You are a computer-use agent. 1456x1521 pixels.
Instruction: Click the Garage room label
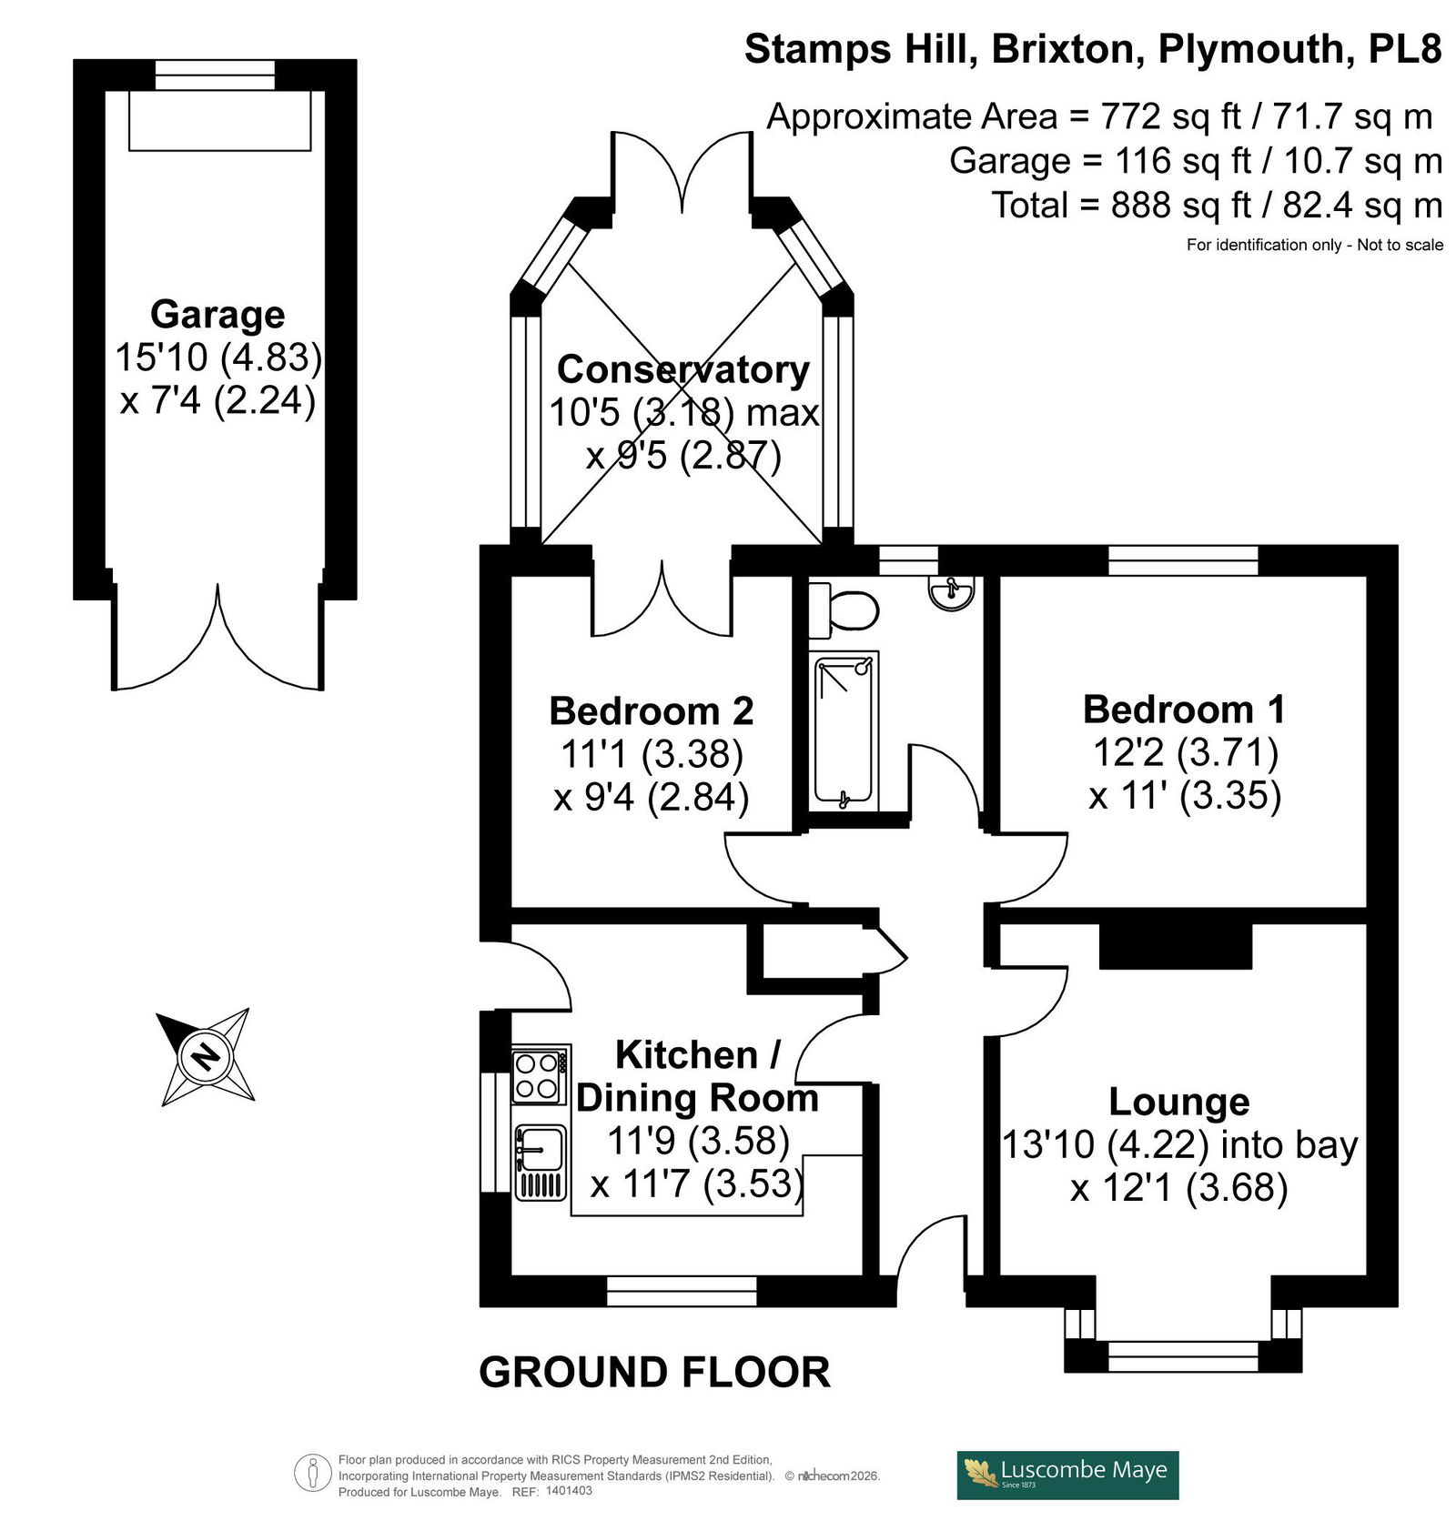click(x=217, y=314)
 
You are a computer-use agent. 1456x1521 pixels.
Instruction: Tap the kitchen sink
click(x=541, y=1161)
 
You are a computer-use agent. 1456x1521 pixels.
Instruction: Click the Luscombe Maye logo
click(x=1067, y=1475)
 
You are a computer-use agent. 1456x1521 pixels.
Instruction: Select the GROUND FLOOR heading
click(x=654, y=1372)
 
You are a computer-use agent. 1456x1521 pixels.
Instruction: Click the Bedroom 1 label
click(x=1184, y=710)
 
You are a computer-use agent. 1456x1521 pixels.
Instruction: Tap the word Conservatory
click(x=683, y=369)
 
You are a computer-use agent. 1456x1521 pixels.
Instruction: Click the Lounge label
click(x=1179, y=1102)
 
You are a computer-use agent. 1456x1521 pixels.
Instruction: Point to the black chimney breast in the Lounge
click(x=1176, y=947)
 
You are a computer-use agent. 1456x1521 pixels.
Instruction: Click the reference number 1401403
click(x=565, y=1491)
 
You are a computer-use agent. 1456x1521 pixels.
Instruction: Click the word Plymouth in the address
click(x=1250, y=49)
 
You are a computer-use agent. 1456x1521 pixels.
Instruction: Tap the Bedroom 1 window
click(x=1183, y=559)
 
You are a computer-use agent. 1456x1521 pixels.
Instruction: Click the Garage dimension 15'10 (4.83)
click(x=218, y=358)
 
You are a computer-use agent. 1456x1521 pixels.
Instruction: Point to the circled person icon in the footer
click(x=313, y=1474)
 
